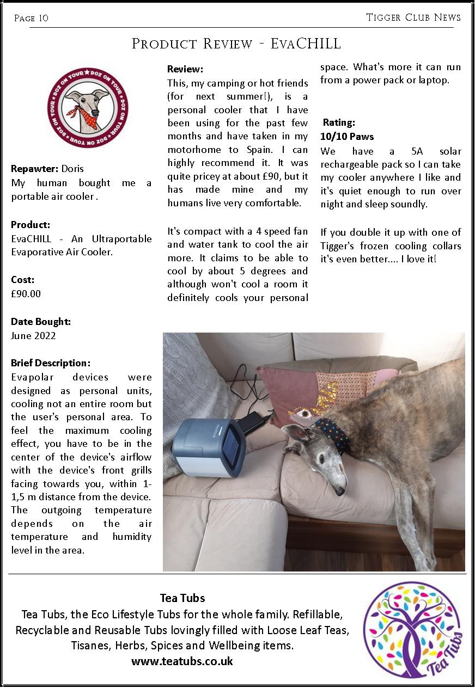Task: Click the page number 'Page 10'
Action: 31,18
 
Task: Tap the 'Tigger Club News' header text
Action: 413,17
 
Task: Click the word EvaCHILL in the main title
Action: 306,44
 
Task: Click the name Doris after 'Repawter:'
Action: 72,169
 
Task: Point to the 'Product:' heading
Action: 31,224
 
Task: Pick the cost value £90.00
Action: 26,294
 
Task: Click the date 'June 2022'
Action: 33,336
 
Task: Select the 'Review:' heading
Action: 185,69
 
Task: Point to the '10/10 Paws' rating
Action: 347,137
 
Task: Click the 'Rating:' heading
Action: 339,122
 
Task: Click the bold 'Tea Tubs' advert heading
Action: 182,598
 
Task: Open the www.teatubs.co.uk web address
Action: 182,661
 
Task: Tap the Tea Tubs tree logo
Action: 412,630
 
